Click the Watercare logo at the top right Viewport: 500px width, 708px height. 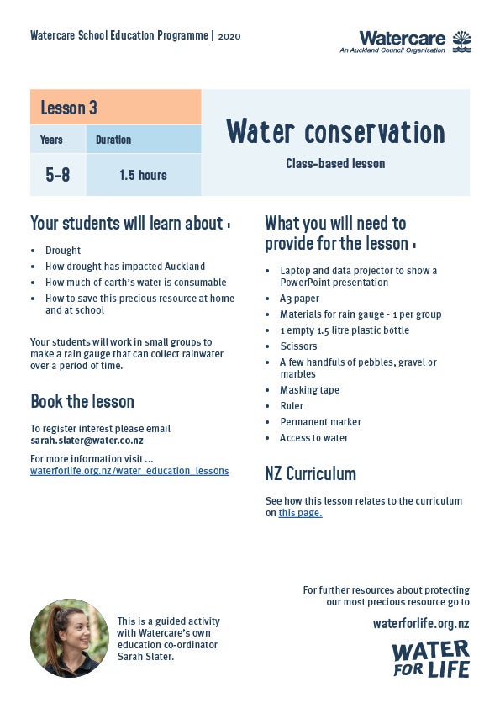414,41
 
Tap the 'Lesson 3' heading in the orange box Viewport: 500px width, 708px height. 69,108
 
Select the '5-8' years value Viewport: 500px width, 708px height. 58,175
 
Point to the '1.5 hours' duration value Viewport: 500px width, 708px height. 143,175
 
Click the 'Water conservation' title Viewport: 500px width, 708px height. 335,132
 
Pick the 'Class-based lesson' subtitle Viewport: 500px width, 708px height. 335,164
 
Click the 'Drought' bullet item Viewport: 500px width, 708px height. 63,250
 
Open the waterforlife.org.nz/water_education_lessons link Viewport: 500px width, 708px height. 129,471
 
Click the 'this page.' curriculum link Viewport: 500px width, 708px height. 300,513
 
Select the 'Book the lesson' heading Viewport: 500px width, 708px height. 82,401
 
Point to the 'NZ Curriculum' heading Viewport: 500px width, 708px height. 310,473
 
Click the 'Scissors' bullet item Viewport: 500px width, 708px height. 299,346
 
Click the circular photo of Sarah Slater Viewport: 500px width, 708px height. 70,638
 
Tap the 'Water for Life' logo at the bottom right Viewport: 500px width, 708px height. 430,658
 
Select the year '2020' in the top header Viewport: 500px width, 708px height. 229,36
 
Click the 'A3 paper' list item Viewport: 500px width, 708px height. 299,299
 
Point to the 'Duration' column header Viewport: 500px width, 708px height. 113,140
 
